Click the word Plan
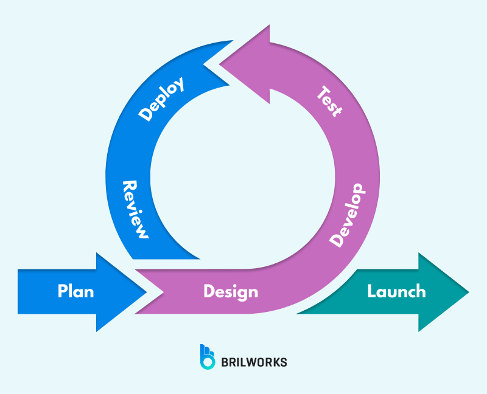[76, 291]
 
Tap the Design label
[231, 292]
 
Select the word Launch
[396, 291]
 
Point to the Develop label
[348, 215]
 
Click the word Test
[331, 102]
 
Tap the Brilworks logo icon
[208, 357]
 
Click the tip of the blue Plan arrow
[147, 292]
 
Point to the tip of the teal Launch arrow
[468, 292]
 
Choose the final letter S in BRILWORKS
[284, 362]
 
